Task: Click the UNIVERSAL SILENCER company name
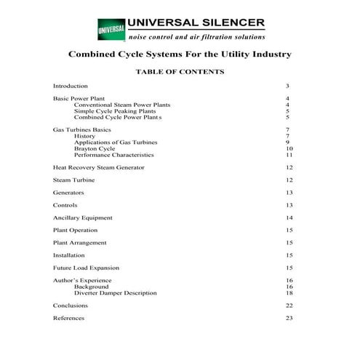[196, 23]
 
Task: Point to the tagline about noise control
[196, 36]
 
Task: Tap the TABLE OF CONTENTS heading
[180, 72]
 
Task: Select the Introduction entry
[71, 86]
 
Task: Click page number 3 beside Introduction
[288, 86]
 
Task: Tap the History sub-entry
[84, 136]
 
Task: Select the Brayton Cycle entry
[95, 148]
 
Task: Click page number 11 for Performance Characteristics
[289, 155]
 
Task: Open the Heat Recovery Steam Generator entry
[98, 167]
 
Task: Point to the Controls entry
[65, 205]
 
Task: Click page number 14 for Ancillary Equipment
[289, 217]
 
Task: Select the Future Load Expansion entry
[86, 268]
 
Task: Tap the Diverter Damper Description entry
[115, 293]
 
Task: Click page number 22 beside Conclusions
[289, 305]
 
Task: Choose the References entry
[68, 318]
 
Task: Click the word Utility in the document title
[222, 54]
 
